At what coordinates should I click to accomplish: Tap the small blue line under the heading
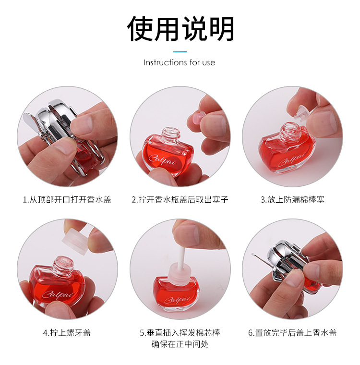(180, 51)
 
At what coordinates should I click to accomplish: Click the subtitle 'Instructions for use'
(180, 63)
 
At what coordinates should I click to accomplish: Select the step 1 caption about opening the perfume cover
(67, 199)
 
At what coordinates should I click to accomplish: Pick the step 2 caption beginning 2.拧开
(180, 199)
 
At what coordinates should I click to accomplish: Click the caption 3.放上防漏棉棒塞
(292, 199)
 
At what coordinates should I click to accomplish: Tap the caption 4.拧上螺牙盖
(67, 332)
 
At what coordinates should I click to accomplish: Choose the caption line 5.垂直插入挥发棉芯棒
(180, 332)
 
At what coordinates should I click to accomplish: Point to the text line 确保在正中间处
(180, 344)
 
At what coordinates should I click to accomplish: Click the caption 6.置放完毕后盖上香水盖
(292, 332)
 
